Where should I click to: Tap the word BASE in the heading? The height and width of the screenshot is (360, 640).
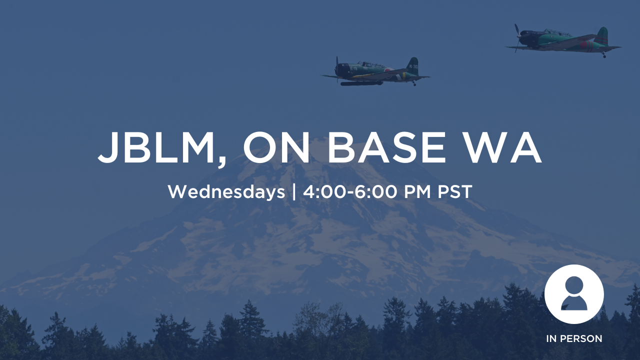pyautogui.click(x=386, y=147)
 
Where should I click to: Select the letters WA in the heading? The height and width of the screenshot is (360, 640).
pyautogui.click(x=501, y=147)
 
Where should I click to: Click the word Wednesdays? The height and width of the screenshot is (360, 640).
pyautogui.click(x=226, y=191)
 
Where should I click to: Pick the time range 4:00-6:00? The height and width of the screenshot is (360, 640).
pyautogui.click(x=350, y=191)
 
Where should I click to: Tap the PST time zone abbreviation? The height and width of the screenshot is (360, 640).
pyautogui.click(x=454, y=191)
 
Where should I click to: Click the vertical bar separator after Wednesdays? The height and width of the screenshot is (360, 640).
pyautogui.click(x=294, y=192)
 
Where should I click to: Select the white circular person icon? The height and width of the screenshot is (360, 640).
pyautogui.click(x=574, y=294)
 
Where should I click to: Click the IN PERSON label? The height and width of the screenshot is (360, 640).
pyautogui.click(x=574, y=338)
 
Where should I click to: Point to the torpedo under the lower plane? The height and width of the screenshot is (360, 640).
pyautogui.click(x=361, y=83)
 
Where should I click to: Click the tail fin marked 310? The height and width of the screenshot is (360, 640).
pyautogui.click(x=412, y=66)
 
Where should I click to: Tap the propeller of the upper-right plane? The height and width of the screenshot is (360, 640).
pyautogui.click(x=517, y=38)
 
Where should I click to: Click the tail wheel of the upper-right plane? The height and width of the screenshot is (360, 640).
pyautogui.click(x=604, y=55)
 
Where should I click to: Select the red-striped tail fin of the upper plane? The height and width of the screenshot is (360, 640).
pyautogui.click(x=601, y=36)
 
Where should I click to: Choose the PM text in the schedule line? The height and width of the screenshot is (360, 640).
pyautogui.click(x=417, y=191)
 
